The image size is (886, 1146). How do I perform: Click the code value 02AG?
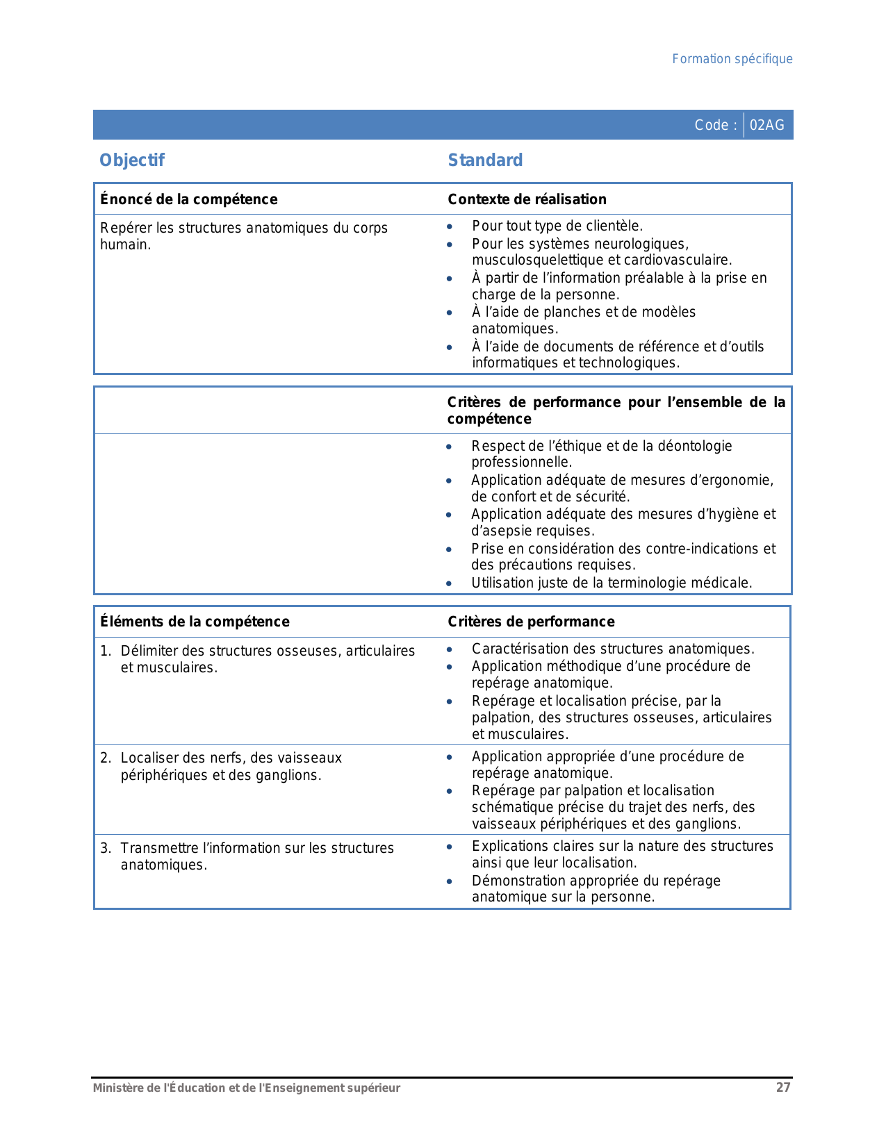click(767, 125)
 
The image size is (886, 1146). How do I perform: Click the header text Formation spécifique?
click(732, 59)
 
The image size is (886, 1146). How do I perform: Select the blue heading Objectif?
click(132, 160)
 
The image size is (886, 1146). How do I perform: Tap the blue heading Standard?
click(485, 160)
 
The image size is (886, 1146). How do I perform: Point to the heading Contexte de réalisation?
click(527, 199)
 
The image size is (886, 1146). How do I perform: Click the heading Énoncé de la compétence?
click(188, 199)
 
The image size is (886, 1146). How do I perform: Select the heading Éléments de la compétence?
click(195, 622)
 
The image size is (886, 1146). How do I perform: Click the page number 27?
click(783, 1088)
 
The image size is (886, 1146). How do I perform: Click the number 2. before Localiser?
click(106, 758)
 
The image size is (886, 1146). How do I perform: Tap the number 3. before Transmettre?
click(106, 848)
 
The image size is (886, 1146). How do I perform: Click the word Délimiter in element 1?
click(147, 651)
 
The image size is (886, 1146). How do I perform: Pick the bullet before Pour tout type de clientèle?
click(450, 226)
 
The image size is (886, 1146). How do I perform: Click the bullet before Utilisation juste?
click(449, 583)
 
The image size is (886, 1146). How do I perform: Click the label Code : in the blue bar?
click(715, 125)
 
